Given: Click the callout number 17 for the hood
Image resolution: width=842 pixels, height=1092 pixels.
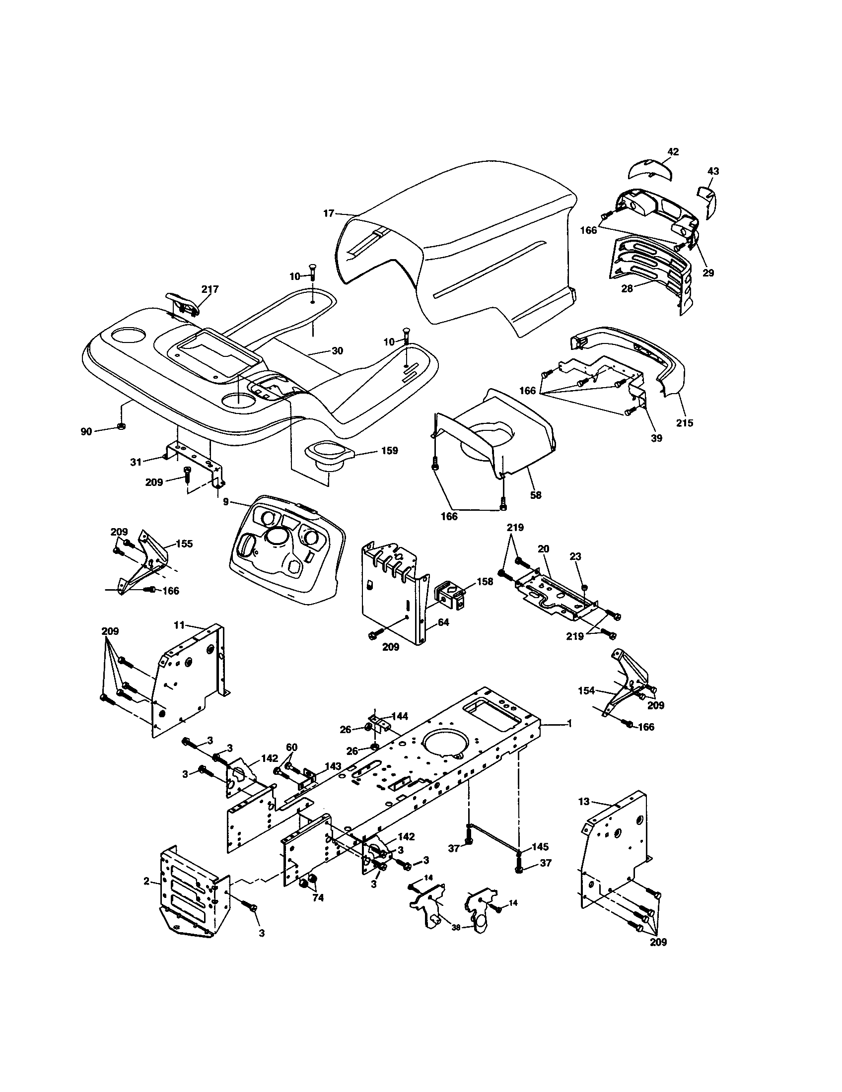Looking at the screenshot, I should [x=328, y=213].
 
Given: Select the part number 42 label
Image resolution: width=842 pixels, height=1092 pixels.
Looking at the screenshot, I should [x=673, y=152].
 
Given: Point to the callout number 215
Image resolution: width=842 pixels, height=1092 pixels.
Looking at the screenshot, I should [x=685, y=422].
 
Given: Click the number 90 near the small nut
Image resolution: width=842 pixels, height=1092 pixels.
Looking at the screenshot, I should [x=86, y=431].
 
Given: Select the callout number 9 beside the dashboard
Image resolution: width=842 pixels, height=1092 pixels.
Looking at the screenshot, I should [x=226, y=501].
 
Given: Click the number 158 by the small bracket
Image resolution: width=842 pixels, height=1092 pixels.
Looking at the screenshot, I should [x=485, y=582].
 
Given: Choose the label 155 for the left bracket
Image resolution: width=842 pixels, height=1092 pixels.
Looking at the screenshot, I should [x=184, y=544].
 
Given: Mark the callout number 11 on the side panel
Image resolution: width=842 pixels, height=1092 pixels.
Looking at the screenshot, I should [x=179, y=624].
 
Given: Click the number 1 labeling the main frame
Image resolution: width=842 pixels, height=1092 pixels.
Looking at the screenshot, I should [x=569, y=724].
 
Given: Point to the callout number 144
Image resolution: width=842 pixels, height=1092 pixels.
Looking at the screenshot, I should [x=399, y=716].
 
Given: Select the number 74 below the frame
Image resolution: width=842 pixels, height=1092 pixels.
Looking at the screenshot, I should [x=318, y=897].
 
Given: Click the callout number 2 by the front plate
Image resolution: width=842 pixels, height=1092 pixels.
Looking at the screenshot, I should [x=146, y=881].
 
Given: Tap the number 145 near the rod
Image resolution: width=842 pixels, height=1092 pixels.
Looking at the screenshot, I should [x=540, y=847].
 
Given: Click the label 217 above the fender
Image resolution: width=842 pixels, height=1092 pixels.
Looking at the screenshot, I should [x=210, y=289].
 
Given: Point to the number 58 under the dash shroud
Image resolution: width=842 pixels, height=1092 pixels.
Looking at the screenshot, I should [x=536, y=495].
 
